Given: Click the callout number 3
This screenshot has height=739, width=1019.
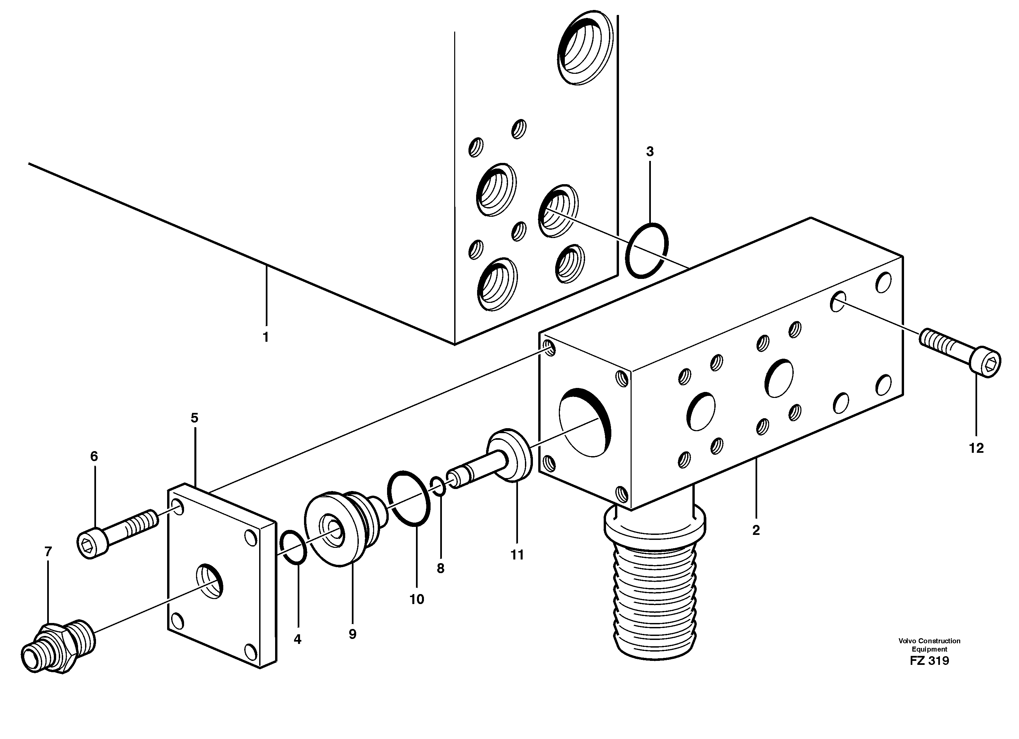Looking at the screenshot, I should coord(650,152).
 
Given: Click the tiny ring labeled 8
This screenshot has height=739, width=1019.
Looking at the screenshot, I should coord(438,487).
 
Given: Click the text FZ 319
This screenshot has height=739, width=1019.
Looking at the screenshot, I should coord(929,661).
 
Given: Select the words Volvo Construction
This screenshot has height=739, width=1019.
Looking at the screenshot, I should coord(929,641).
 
